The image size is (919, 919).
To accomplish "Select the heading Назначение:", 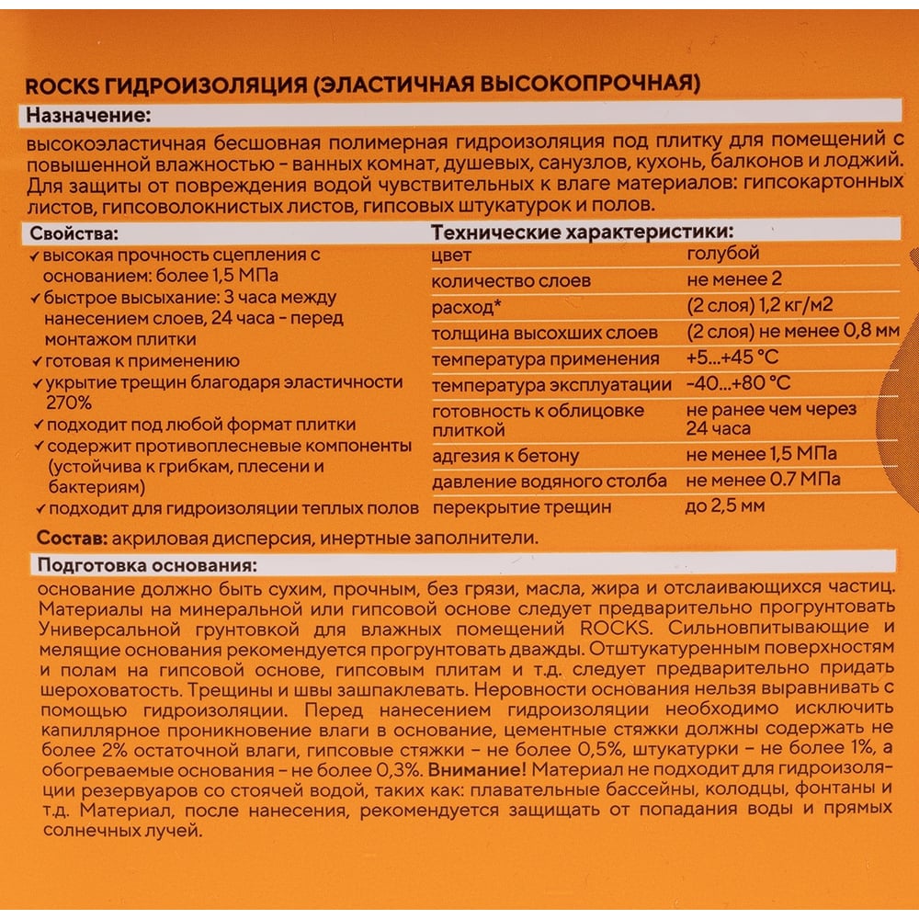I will [88, 117].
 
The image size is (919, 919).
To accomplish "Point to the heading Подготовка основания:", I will [146, 564].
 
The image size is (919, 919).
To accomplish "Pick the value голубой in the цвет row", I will [722, 254].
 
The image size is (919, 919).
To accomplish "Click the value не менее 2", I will [733, 279].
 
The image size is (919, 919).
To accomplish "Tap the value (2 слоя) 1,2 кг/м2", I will [759, 305].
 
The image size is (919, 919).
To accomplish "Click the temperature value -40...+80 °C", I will [738, 382].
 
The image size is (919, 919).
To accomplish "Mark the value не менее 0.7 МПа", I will [762, 480].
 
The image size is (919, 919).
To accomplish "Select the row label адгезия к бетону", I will [505, 455].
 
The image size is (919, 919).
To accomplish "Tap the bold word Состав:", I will [68, 538].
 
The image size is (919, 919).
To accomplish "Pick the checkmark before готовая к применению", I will [34, 361].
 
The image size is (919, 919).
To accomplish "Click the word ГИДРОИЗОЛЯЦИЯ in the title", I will [204, 85].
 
